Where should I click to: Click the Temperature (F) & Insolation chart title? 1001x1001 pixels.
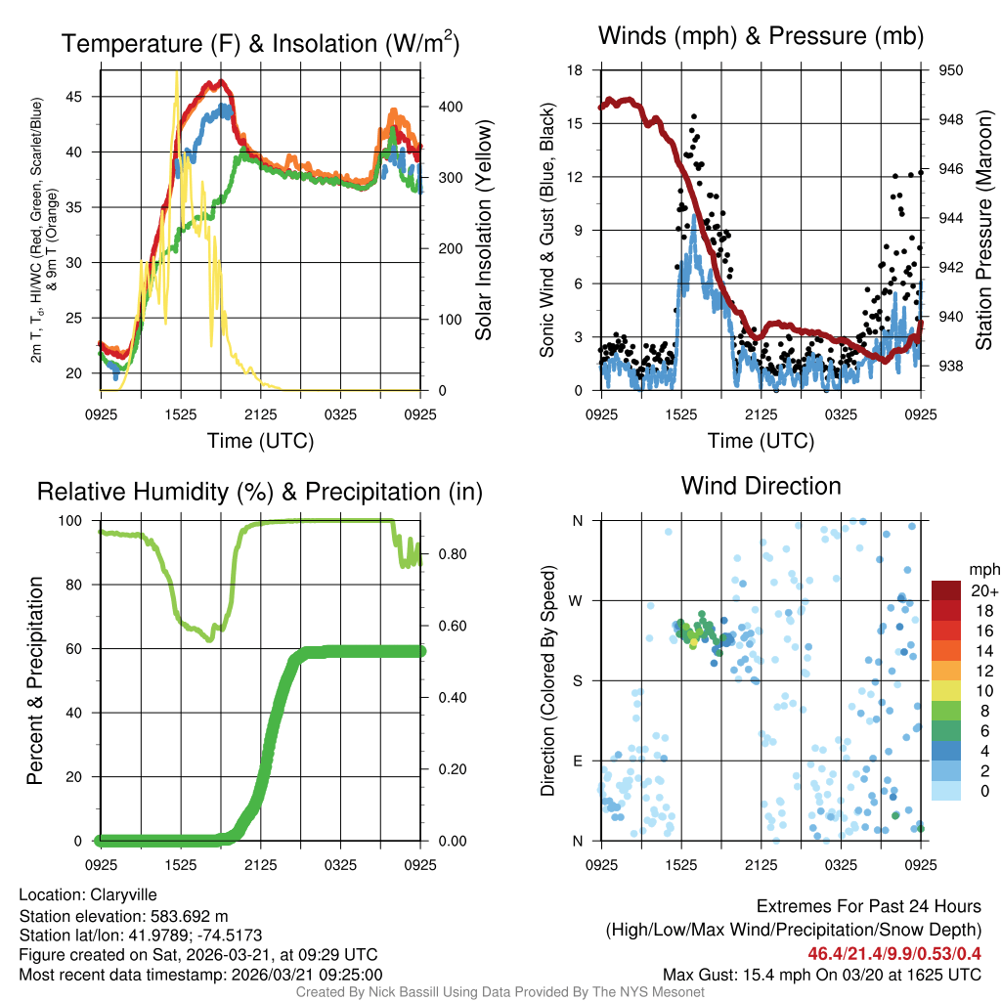coord(260,43)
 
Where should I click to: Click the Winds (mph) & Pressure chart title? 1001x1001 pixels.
coord(761,36)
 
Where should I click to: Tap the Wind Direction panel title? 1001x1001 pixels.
coord(761,486)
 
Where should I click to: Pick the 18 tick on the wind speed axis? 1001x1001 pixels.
coord(575,70)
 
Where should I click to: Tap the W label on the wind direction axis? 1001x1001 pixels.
coord(577,600)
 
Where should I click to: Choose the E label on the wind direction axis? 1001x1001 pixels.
coord(578,761)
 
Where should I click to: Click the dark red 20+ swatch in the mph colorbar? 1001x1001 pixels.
coord(947,590)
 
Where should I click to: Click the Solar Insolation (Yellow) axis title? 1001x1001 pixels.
coord(483,231)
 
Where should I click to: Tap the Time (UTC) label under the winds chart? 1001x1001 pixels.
coord(761,441)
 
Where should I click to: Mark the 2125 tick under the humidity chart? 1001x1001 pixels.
coord(261,865)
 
